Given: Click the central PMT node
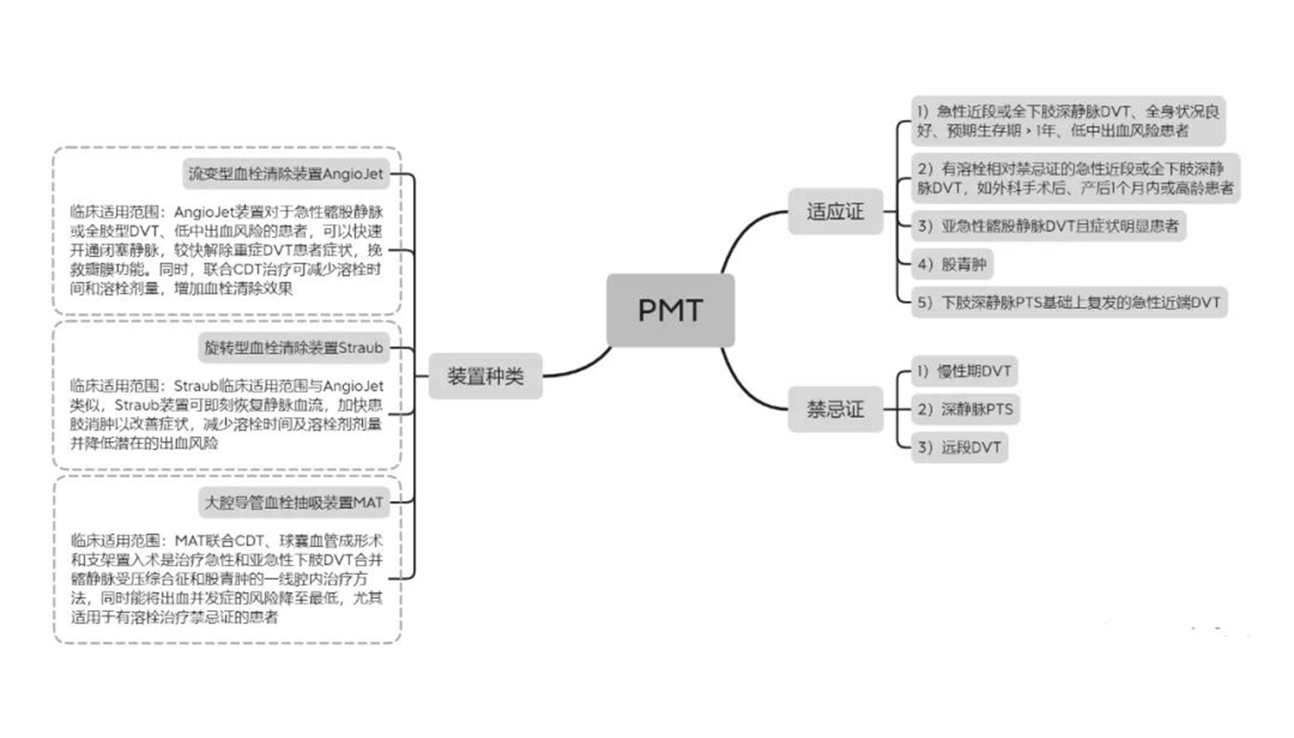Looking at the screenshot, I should pyautogui.click(x=670, y=310).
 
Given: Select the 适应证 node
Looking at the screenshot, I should pyautogui.click(x=835, y=211).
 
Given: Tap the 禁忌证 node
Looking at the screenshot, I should pyautogui.click(x=835, y=409).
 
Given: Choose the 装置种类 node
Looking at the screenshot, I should pyautogui.click(x=485, y=376).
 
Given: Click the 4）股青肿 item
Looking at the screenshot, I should pyautogui.click(x=951, y=264).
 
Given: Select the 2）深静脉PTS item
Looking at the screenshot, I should pyautogui.click(x=965, y=409).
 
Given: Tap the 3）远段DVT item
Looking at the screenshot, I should pyautogui.click(x=959, y=448).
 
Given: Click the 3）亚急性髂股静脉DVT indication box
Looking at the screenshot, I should pyautogui.click(x=1048, y=226).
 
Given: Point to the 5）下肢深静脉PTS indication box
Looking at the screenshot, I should pyautogui.click(x=1068, y=302).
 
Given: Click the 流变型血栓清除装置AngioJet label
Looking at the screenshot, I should pyautogui.click(x=286, y=174).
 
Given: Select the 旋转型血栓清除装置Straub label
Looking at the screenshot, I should pyautogui.click(x=294, y=348).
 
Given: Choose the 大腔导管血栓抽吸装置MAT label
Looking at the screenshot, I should pyautogui.click(x=294, y=502).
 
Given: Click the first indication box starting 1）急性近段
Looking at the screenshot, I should pyautogui.click(x=1068, y=121).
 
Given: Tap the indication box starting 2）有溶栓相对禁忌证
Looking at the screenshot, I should pyautogui.click(x=1074, y=178).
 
